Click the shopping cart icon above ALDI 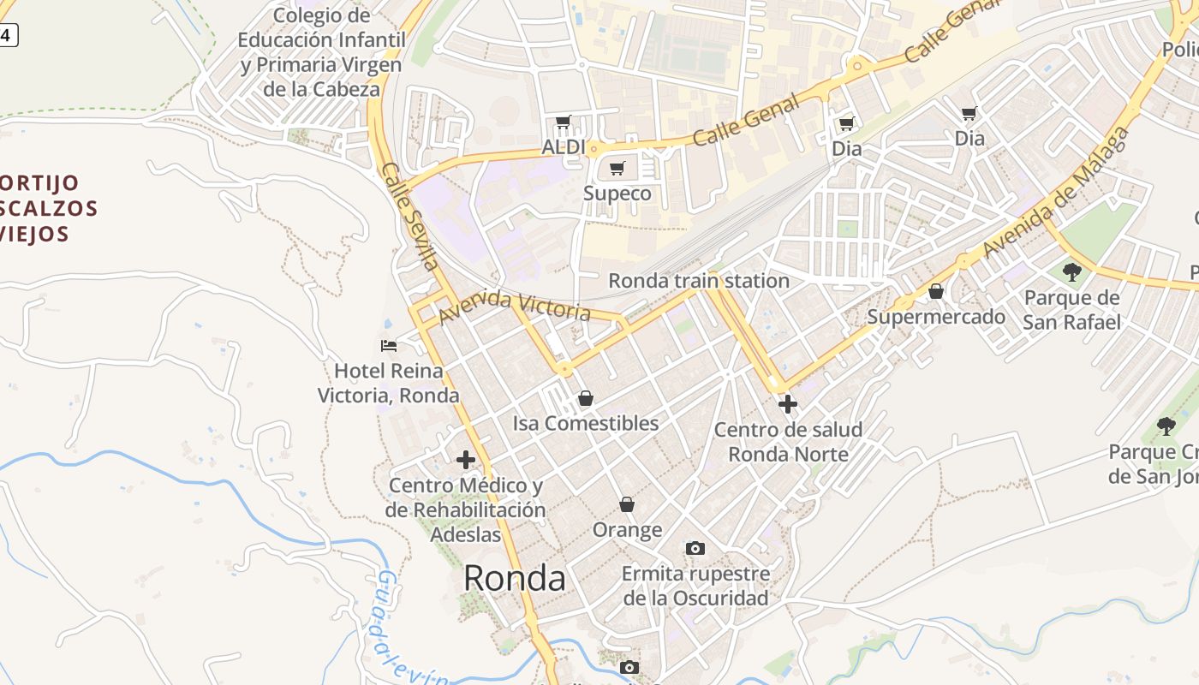pos(563,122)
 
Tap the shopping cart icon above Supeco pos(617,168)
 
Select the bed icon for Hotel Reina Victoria pos(389,346)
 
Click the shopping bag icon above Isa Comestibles pos(586,398)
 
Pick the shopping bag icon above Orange pos(627,504)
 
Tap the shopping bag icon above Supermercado pos(936,291)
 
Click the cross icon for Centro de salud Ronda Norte pos(788,403)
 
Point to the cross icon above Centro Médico pos(466,460)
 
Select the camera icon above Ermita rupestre pos(695,548)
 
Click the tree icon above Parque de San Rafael pos(1071,272)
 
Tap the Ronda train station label pos(698,281)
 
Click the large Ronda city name pos(514,579)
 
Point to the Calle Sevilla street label pos(411,216)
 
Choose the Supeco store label pos(617,194)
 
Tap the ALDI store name pos(564,147)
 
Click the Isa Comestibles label pos(586,423)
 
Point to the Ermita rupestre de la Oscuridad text pos(695,586)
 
